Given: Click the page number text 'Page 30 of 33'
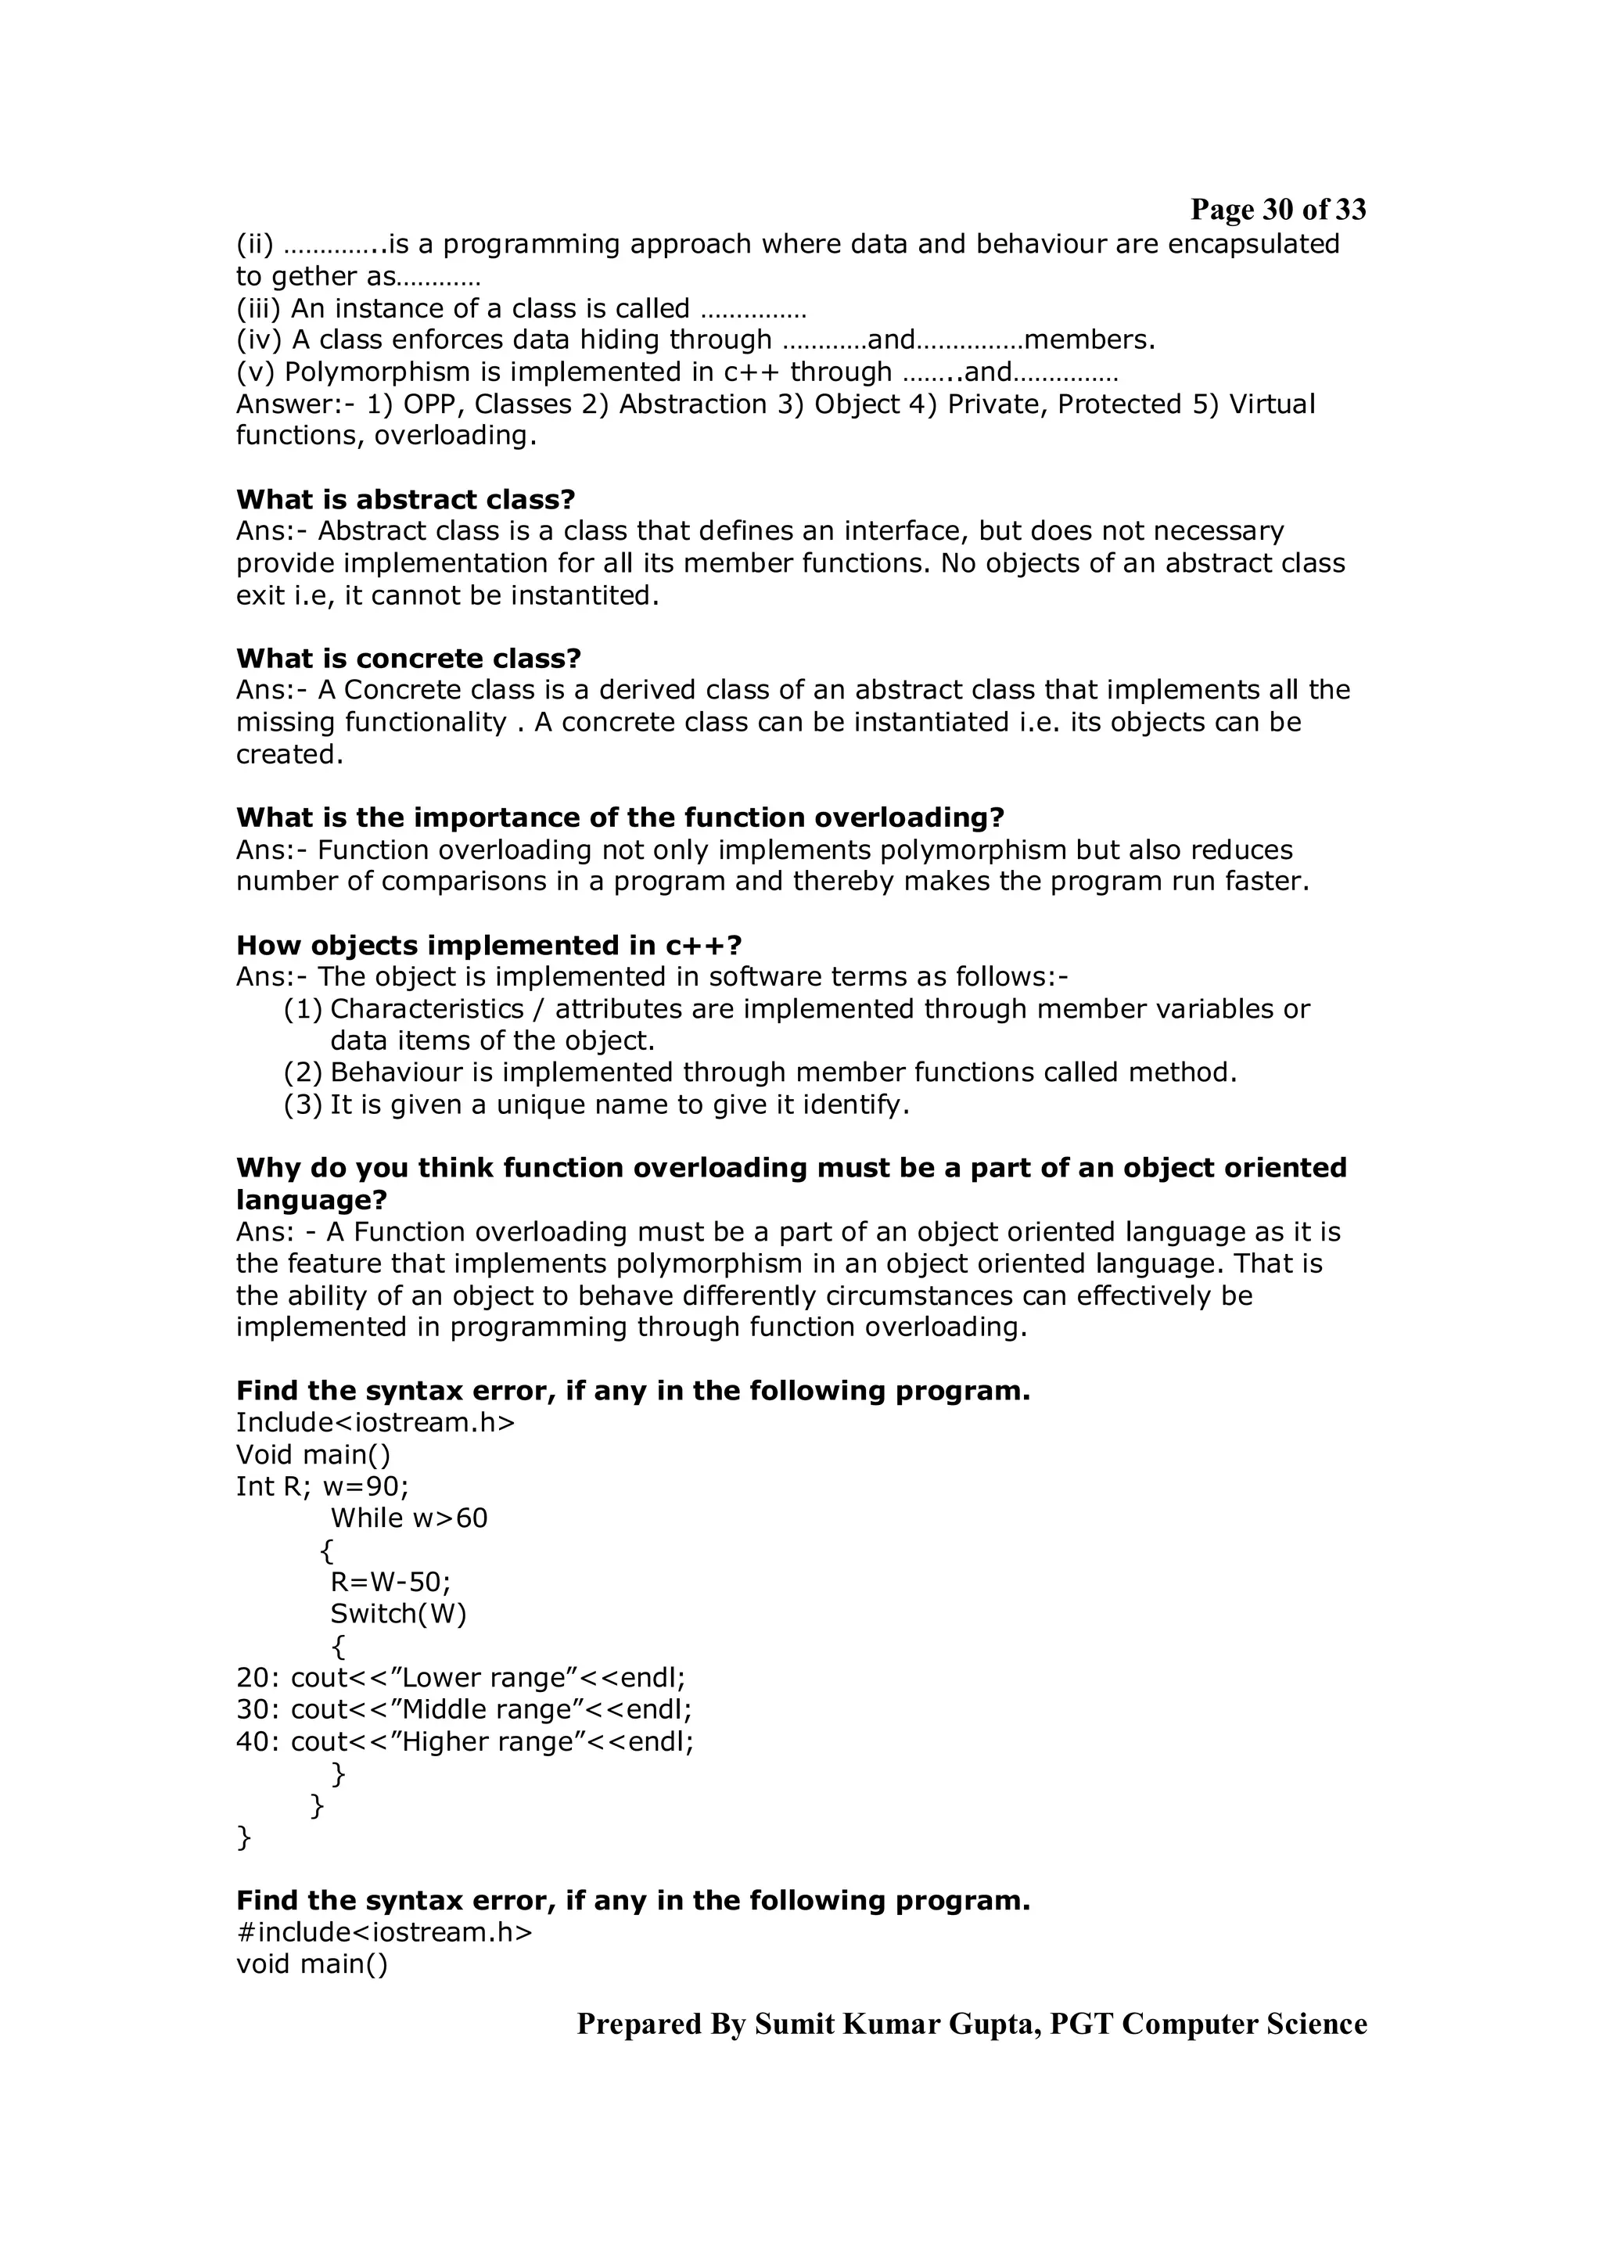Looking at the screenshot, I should click(x=1277, y=210).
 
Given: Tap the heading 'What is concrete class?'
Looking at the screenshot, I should click(x=408, y=659).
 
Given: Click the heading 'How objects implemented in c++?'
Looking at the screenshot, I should click(x=489, y=946).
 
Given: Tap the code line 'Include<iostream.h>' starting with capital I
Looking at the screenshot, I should click(x=375, y=1423).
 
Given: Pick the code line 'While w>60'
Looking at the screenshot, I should click(x=408, y=1518).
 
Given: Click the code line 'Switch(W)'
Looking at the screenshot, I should click(x=398, y=1615).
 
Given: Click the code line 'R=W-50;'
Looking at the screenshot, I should click(x=390, y=1583).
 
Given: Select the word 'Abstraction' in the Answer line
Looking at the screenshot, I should click(x=692, y=405).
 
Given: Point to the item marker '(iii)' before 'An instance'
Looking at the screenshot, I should click(x=259, y=309).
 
